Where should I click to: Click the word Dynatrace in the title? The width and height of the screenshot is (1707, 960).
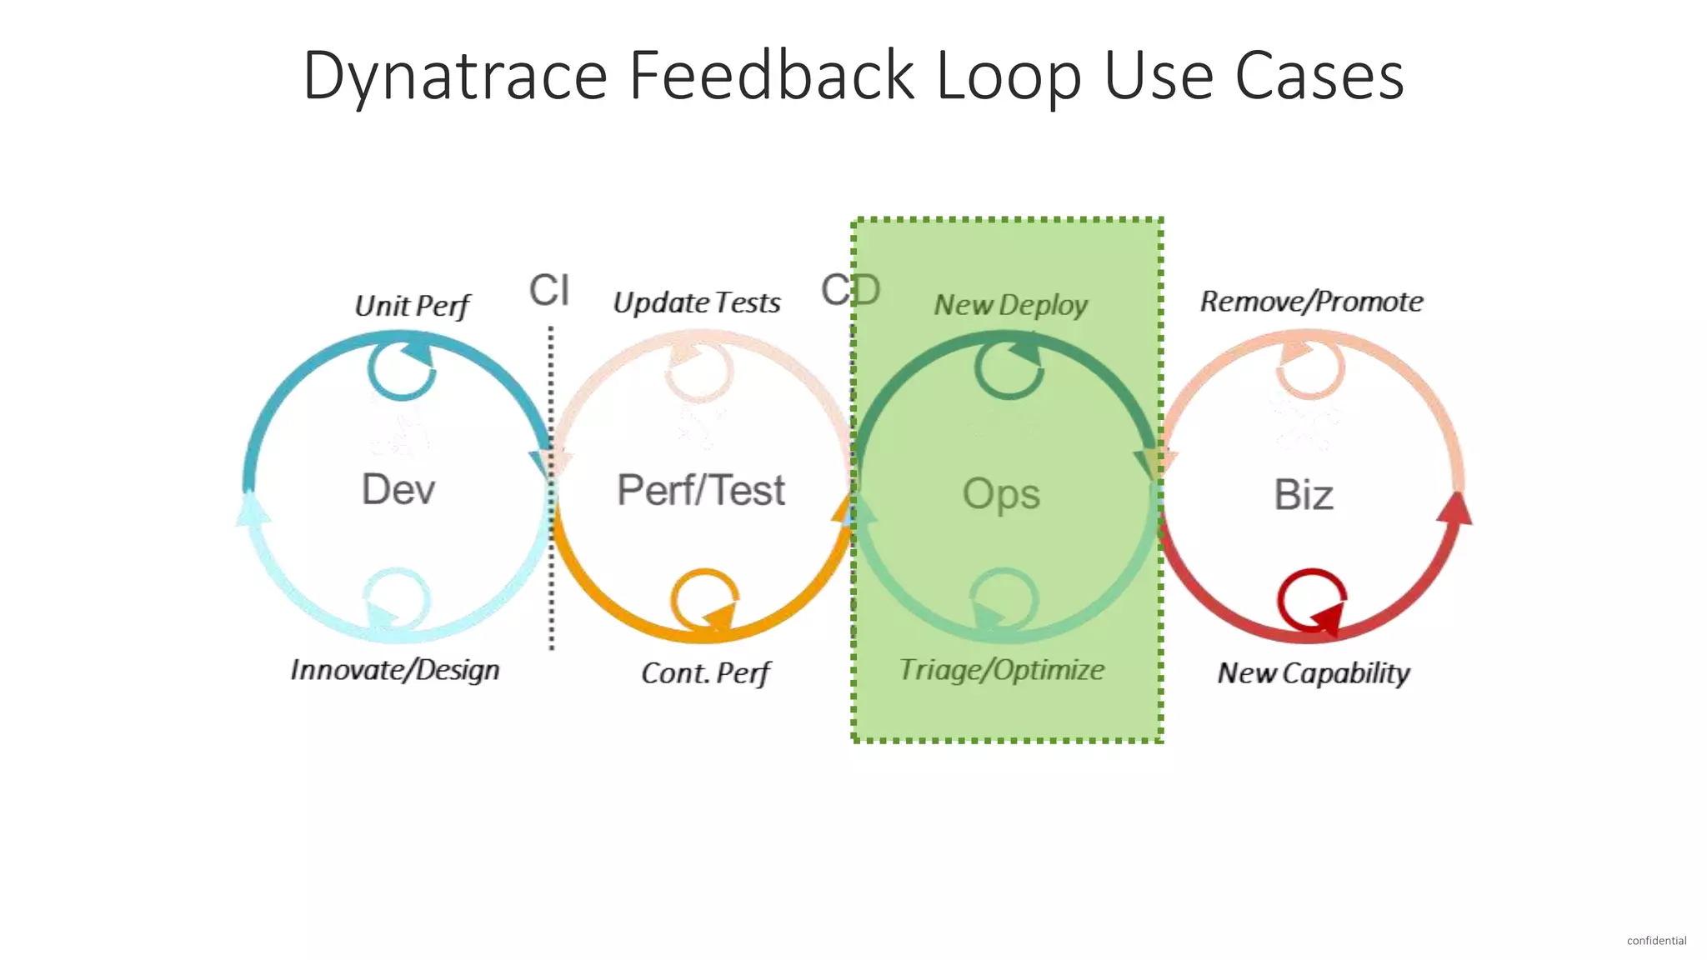(454, 77)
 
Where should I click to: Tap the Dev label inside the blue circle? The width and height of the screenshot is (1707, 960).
(398, 489)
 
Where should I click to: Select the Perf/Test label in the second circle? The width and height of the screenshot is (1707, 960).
(700, 490)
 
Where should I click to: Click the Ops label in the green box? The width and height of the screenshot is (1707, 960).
(1001, 494)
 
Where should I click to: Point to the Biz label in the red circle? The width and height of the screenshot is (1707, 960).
(1304, 495)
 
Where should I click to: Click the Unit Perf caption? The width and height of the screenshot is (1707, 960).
(413, 306)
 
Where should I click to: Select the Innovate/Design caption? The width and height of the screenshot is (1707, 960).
(395, 670)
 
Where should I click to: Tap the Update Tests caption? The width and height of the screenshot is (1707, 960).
(697, 302)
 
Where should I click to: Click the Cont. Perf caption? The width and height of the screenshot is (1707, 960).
(705, 673)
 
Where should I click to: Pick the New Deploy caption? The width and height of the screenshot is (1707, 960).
(1010, 305)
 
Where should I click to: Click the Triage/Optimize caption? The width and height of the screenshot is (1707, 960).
(1001, 670)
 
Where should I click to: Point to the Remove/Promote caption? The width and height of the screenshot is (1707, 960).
(1311, 302)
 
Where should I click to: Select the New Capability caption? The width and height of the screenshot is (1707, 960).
(1313, 673)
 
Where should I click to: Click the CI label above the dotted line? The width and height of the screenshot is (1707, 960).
(549, 290)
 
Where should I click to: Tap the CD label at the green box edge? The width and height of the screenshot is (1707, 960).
(850, 290)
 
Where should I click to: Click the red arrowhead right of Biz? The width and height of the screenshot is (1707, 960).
(1454, 508)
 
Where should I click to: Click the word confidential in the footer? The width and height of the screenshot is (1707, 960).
(1656, 941)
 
